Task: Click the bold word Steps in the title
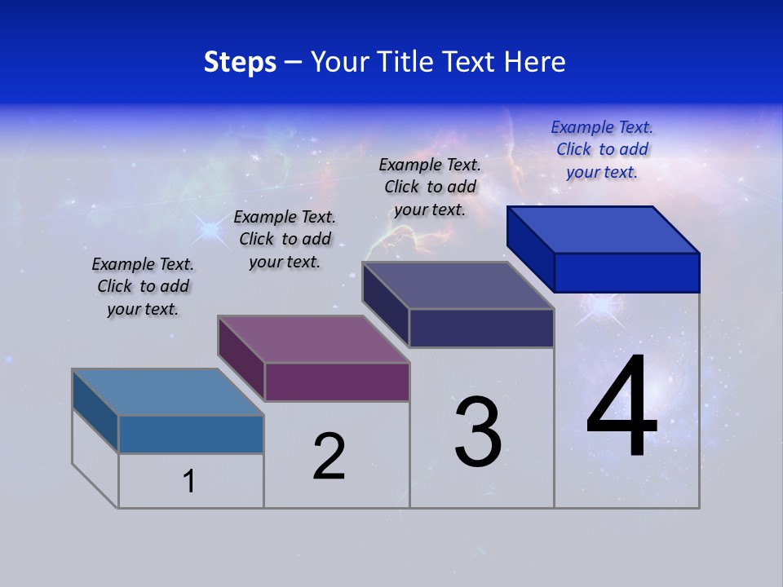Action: [240, 62]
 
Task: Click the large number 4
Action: [622, 407]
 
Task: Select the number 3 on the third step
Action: [478, 433]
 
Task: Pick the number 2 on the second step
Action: [329, 457]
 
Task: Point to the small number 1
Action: [189, 481]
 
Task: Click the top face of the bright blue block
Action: [602, 229]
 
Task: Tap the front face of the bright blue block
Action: [626, 272]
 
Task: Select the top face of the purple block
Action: [313, 338]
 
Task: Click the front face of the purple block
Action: [337, 382]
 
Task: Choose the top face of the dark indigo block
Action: [458, 285]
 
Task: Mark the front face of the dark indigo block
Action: [481, 328]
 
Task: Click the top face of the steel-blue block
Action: [168, 391]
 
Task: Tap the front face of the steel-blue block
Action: [191, 434]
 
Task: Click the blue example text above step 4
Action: [602, 149]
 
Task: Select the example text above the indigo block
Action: [430, 187]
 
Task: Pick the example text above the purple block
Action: [285, 239]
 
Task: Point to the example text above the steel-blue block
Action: [143, 286]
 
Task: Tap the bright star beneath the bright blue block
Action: [602, 307]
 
